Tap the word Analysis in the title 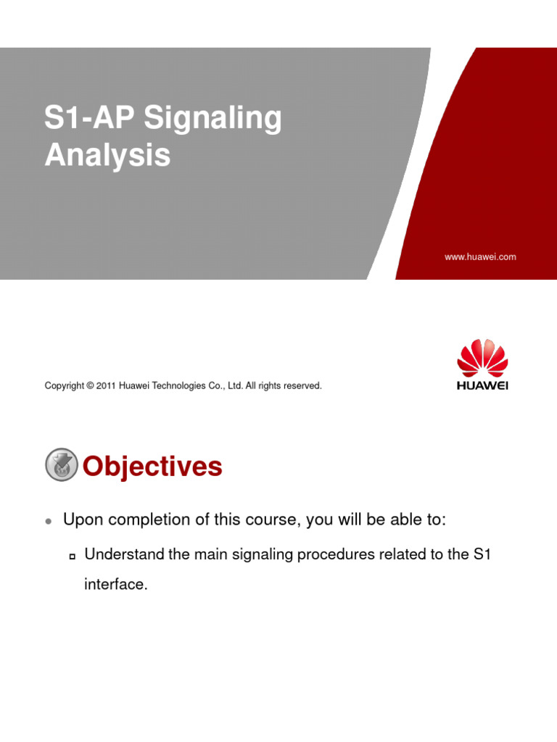(107, 155)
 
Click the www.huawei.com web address (480, 257)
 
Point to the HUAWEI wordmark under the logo (482, 385)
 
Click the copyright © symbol (90, 386)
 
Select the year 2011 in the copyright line (106, 386)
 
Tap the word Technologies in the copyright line (178, 386)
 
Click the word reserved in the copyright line (302, 386)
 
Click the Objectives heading (152, 467)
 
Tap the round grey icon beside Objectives (62, 465)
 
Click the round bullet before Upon (48, 521)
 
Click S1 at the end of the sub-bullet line (482, 555)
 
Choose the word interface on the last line (116, 584)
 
